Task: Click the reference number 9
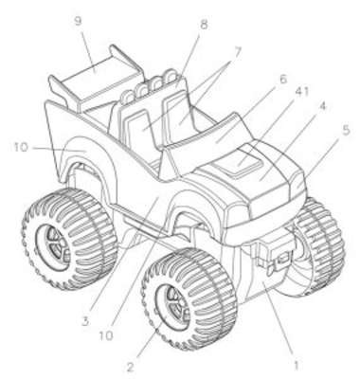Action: pos(78,21)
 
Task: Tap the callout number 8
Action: pos(204,25)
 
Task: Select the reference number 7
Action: pos(237,53)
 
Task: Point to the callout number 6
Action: pos(282,80)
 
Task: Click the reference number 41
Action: pos(301,92)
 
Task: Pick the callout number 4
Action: pos(321,106)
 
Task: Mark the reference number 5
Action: pos(347,131)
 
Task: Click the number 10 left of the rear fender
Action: pos(21,147)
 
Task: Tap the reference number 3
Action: pos(84,322)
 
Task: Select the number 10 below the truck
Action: pos(106,335)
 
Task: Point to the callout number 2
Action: pos(130,367)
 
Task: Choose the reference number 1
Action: pos(296,366)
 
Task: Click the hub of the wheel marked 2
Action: pos(173,303)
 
